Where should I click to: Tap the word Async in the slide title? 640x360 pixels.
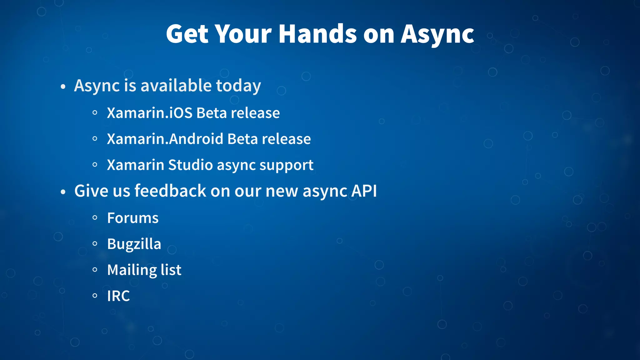coord(437,34)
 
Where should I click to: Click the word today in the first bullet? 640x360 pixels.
coord(238,86)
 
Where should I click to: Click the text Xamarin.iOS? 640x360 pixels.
coord(150,113)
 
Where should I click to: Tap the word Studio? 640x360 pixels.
coord(191,165)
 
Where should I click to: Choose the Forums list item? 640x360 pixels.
coord(133,218)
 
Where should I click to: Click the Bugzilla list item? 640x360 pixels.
coord(134,244)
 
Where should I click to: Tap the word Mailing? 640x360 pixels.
coord(132,270)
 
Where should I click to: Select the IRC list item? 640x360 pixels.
coord(118,296)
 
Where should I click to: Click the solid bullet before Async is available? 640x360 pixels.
coord(63,87)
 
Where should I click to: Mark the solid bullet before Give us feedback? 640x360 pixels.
coord(63,192)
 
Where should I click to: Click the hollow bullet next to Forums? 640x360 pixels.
coord(95,218)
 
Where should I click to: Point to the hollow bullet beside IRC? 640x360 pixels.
coord(95,296)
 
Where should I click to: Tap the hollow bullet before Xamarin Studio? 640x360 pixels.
coord(95,165)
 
